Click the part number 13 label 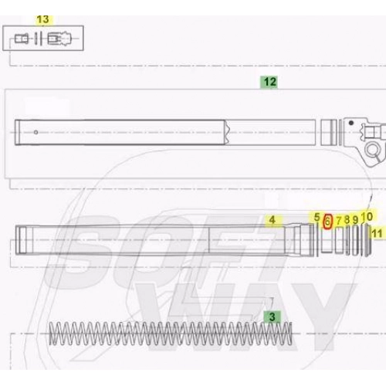[42, 19]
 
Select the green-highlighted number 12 [270, 82]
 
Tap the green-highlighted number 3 [273, 317]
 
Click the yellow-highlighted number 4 [272, 220]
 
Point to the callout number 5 [317, 218]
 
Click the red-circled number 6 [327, 221]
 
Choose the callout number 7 [339, 221]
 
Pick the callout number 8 [347, 219]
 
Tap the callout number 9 [355, 220]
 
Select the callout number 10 [367, 217]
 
